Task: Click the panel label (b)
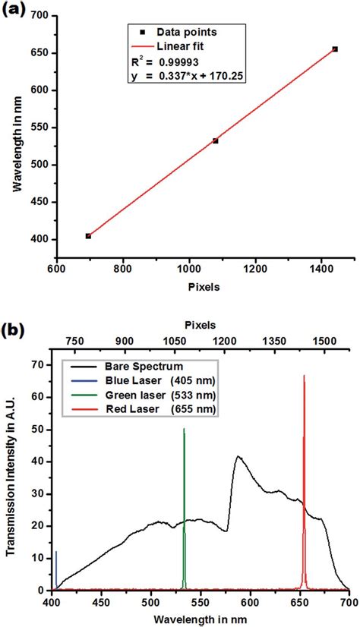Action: point(16,332)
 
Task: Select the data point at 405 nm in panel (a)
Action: point(88,236)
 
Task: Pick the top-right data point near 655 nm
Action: point(335,49)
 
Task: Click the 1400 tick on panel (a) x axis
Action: point(321,268)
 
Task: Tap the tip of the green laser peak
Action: point(184,430)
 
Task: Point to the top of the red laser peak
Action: point(304,376)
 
